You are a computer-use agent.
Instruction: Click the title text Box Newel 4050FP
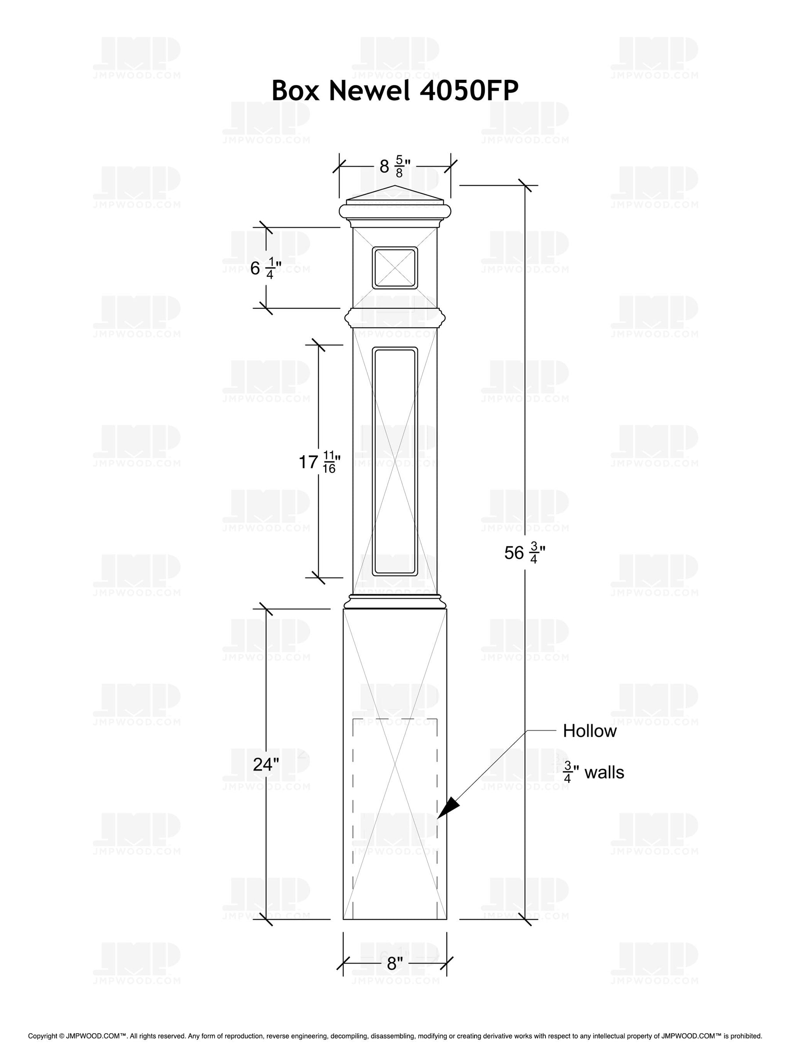pos(395,90)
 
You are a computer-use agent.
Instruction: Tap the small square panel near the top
pos(395,268)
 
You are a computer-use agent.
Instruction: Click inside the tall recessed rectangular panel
pos(395,462)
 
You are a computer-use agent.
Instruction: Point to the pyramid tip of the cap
pos(395,186)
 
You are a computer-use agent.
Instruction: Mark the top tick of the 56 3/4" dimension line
pos(525,185)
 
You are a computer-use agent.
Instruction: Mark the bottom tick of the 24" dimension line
pos(266,919)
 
